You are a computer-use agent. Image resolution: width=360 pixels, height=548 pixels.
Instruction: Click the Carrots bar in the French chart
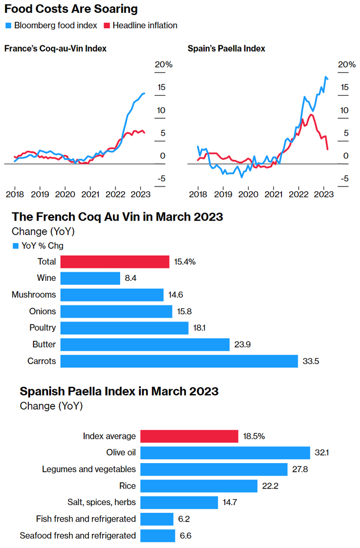click(x=179, y=361)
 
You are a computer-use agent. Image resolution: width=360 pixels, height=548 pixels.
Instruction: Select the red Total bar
click(x=115, y=262)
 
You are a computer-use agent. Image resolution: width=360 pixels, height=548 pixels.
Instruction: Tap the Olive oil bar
click(x=225, y=453)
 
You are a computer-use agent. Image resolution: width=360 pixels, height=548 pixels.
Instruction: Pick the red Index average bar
click(x=189, y=436)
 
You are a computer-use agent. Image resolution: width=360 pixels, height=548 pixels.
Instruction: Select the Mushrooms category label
click(x=34, y=295)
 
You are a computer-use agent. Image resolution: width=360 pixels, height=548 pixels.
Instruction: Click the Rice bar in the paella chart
click(x=199, y=486)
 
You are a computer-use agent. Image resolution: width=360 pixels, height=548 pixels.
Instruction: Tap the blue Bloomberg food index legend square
click(x=8, y=26)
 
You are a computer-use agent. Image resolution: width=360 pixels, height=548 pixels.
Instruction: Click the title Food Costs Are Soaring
click(x=71, y=9)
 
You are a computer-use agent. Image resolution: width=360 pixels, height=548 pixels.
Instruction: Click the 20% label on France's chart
click(x=163, y=64)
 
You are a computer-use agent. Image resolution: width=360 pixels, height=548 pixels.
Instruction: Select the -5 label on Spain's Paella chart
click(x=343, y=178)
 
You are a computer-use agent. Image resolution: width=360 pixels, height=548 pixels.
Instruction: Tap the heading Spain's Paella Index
click(x=227, y=48)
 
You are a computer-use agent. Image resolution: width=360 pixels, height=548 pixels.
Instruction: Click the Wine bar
click(x=90, y=279)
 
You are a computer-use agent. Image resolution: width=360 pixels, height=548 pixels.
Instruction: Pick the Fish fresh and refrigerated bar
click(x=157, y=519)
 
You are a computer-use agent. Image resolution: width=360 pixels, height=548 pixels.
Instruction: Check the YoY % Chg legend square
click(x=15, y=246)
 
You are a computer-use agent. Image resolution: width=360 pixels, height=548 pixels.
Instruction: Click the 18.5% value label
click(x=254, y=436)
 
